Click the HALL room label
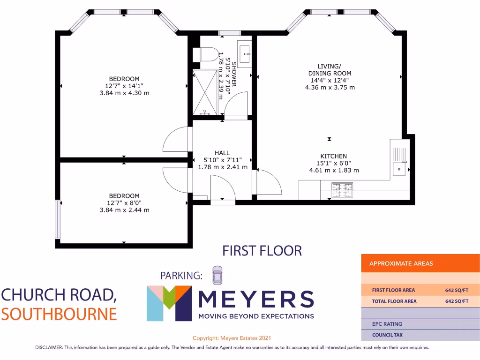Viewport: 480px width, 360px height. (222, 153)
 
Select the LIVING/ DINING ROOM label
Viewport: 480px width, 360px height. (330, 70)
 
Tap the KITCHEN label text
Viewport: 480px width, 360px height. (333, 156)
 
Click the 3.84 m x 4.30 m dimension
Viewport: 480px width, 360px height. (124, 93)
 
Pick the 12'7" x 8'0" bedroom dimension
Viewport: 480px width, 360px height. (124, 203)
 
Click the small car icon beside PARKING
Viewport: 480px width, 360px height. (217, 275)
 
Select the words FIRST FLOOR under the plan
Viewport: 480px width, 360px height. (262, 251)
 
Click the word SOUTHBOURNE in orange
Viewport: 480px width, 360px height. (59, 314)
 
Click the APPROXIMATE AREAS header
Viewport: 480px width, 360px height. (401, 263)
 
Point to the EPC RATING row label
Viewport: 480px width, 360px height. (387, 324)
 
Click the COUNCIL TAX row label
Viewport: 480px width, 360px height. (387, 335)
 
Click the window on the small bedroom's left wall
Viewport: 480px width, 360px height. (57, 219)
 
